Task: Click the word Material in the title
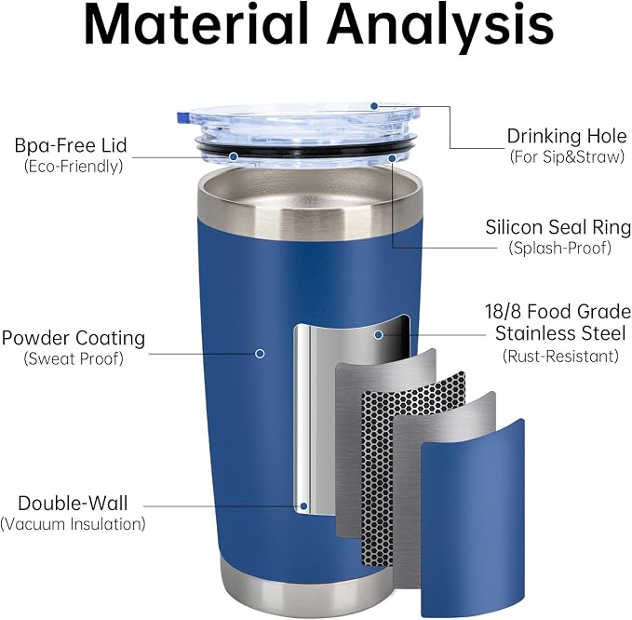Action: click(x=196, y=25)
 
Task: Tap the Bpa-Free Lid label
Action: click(x=71, y=145)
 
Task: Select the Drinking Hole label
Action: click(x=567, y=136)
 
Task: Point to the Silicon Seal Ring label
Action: click(x=558, y=227)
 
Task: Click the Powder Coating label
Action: click(x=74, y=338)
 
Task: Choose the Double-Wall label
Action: click(x=73, y=504)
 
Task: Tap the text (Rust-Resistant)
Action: click(x=560, y=357)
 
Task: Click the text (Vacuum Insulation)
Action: click(x=73, y=524)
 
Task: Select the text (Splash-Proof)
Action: click(x=559, y=248)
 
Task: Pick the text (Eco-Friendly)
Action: click(x=74, y=166)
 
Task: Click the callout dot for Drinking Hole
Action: click(x=374, y=106)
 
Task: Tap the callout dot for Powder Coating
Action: click(x=260, y=354)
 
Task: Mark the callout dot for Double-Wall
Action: click(x=304, y=506)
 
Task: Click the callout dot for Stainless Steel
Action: click(x=378, y=334)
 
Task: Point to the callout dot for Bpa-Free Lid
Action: click(x=234, y=156)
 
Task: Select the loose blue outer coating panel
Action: click(x=473, y=518)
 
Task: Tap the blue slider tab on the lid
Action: click(x=182, y=117)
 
